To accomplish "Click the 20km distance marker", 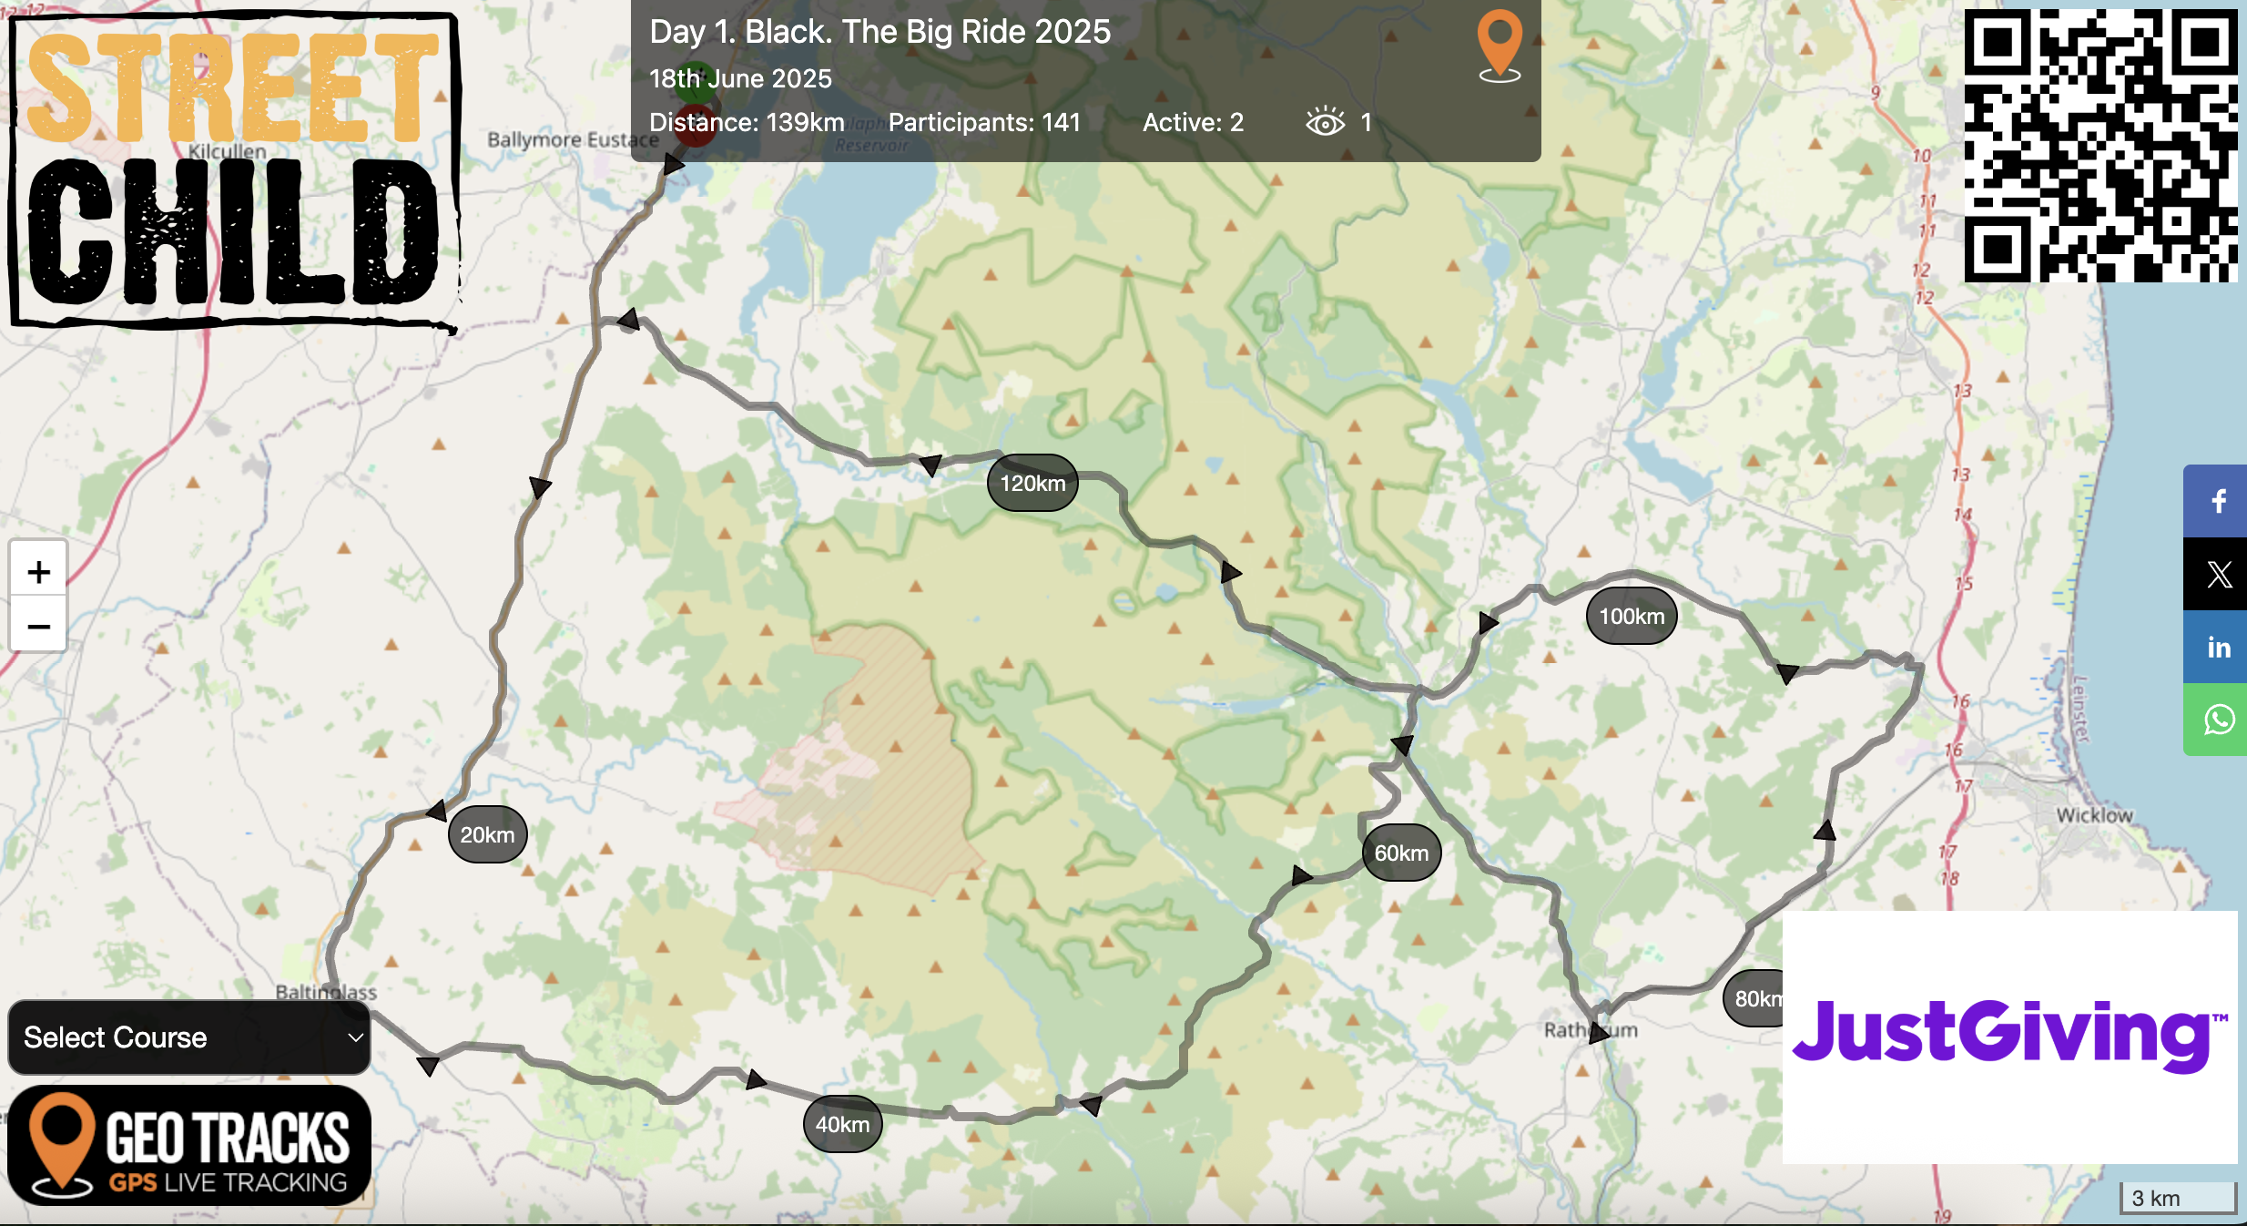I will pos(487,834).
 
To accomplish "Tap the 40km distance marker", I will pos(842,1124).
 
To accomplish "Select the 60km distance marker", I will pos(1401,853).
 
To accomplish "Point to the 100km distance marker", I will pos(1632,616).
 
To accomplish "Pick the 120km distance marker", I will pos(1032,483).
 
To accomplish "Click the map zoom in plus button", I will pos(38,572).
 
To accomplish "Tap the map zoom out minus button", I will pos(38,626).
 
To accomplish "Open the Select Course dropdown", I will pos(189,1037).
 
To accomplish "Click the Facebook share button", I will pos(2218,501).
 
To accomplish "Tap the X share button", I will pos(2218,574).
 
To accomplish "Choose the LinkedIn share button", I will pos(2218,647).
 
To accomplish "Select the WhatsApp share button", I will pos(2218,720).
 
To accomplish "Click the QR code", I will pos(2100,146).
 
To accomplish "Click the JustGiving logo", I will pos(2009,1036).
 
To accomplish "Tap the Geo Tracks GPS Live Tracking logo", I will pos(189,1145).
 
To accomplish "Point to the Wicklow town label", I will pos(2094,815).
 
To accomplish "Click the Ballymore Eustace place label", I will pos(572,139).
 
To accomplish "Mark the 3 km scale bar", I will pos(2177,1198).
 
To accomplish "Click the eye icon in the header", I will pos(1325,122).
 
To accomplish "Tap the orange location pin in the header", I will pos(1500,46).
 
